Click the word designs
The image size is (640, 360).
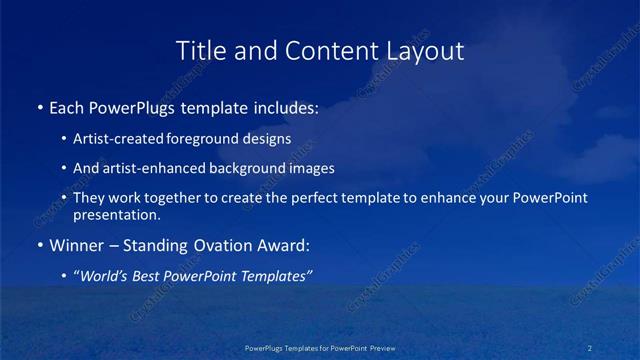click(269, 139)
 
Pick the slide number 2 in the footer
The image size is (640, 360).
click(591, 348)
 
